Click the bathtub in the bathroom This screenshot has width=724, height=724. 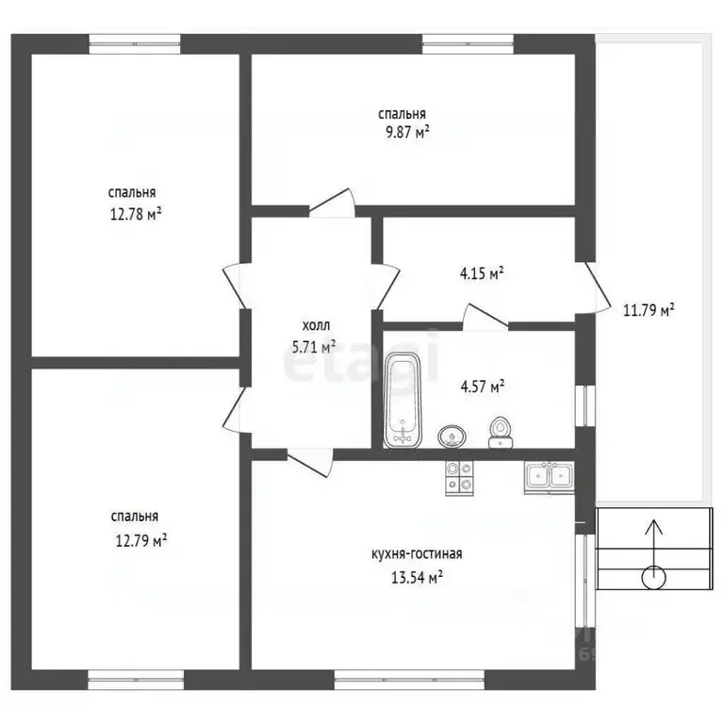403,401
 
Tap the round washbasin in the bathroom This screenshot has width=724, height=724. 452,436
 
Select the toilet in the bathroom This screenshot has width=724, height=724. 500,432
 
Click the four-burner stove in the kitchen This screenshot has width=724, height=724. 459,478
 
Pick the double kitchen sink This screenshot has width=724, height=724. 550,477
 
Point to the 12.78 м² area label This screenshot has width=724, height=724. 136,214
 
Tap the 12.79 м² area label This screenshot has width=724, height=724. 141,540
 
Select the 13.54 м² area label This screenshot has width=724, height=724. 418,577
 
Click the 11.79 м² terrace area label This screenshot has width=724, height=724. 649,310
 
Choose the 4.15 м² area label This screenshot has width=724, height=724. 482,273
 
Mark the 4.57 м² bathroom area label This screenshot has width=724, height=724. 483,387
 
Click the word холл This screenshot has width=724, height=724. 317,326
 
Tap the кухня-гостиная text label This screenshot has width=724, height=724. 417,553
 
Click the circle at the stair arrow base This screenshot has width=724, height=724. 654,578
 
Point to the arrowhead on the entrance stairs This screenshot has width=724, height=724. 654,526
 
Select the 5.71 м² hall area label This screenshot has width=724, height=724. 314,347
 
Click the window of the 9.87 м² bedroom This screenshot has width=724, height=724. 468,44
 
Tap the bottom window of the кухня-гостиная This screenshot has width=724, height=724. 409,680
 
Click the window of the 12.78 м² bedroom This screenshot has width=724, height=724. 135,44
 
